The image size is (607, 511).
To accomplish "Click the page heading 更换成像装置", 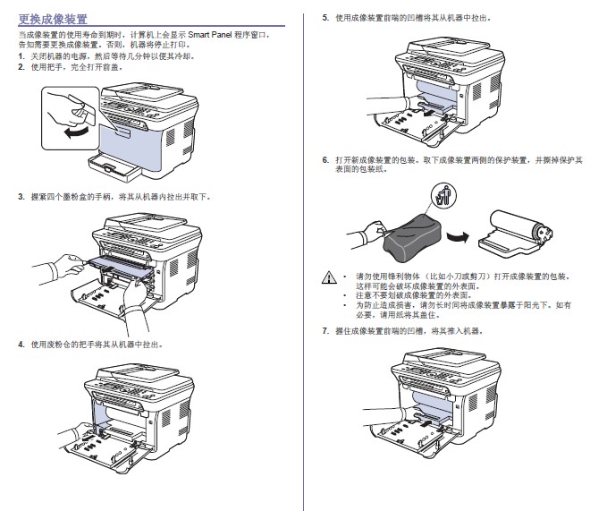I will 53,17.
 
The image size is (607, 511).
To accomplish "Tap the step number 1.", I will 21,56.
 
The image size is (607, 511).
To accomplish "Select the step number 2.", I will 21,66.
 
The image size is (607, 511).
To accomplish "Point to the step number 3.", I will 21,196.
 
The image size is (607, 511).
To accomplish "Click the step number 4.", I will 21,344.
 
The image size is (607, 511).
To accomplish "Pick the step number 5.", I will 325,17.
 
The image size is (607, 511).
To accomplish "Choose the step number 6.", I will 325,159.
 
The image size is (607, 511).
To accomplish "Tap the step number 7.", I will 325,331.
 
